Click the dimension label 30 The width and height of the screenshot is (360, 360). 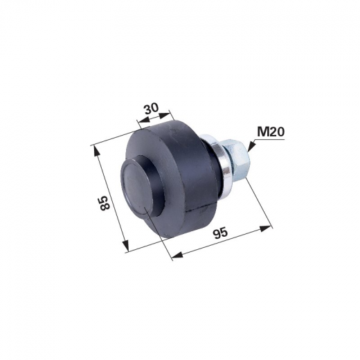[152, 109]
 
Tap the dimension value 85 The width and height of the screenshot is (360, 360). [105, 203]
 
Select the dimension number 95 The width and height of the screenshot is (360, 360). [220, 234]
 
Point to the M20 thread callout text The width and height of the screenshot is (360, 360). [271, 132]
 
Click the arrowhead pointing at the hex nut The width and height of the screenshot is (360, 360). [251, 146]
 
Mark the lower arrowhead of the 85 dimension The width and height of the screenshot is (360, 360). [125, 246]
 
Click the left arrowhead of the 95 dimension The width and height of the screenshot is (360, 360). [178, 254]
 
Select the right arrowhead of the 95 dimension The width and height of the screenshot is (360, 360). [265, 228]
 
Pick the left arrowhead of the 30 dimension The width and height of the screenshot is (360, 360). [143, 120]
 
